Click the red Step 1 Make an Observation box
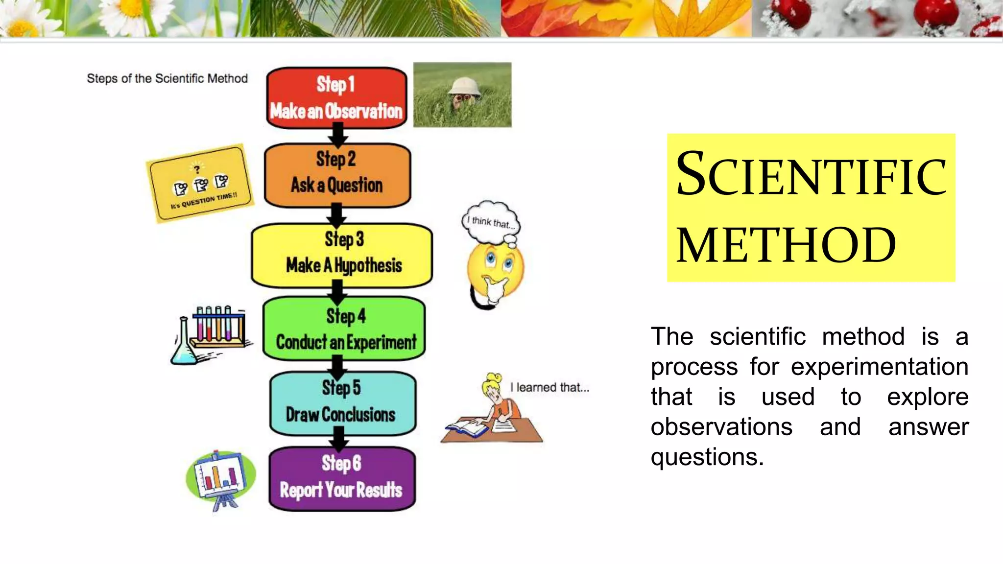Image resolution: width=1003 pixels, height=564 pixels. (x=336, y=98)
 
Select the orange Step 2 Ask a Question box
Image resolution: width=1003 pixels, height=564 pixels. (x=337, y=175)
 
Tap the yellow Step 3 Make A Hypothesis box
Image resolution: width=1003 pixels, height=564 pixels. (x=342, y=255)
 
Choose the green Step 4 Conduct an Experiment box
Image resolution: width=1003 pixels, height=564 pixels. (x=344, y=328)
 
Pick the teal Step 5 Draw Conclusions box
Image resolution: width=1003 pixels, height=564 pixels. (x=342, y=403)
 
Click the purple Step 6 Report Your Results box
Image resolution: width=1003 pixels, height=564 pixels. (x=342, y=478)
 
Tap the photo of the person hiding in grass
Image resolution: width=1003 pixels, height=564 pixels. (x=462, y=94)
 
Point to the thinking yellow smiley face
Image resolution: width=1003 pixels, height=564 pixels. (x=495, y=272)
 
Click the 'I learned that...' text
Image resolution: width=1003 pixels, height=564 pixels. (x=549, y=387)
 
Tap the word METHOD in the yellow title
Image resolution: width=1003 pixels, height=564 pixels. (x=786, y=245)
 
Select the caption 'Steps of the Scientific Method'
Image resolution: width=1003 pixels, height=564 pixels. (x=167, y=78)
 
